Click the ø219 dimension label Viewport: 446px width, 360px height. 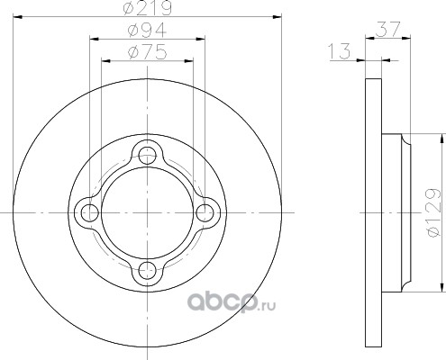pos(147,8)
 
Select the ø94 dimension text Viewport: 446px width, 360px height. pos(147,30)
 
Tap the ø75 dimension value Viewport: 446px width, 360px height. pos(147,52)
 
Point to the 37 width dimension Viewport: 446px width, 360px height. pos(388,29)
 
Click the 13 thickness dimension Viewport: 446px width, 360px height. pos(340,51)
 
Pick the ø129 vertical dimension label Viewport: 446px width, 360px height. pos(434,212)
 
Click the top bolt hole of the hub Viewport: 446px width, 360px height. pos(147,156)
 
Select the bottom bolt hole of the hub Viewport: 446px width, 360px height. pos(147,270)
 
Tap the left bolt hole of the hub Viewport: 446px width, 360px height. pos(90,212)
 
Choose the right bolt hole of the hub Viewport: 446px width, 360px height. pos(205,212)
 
